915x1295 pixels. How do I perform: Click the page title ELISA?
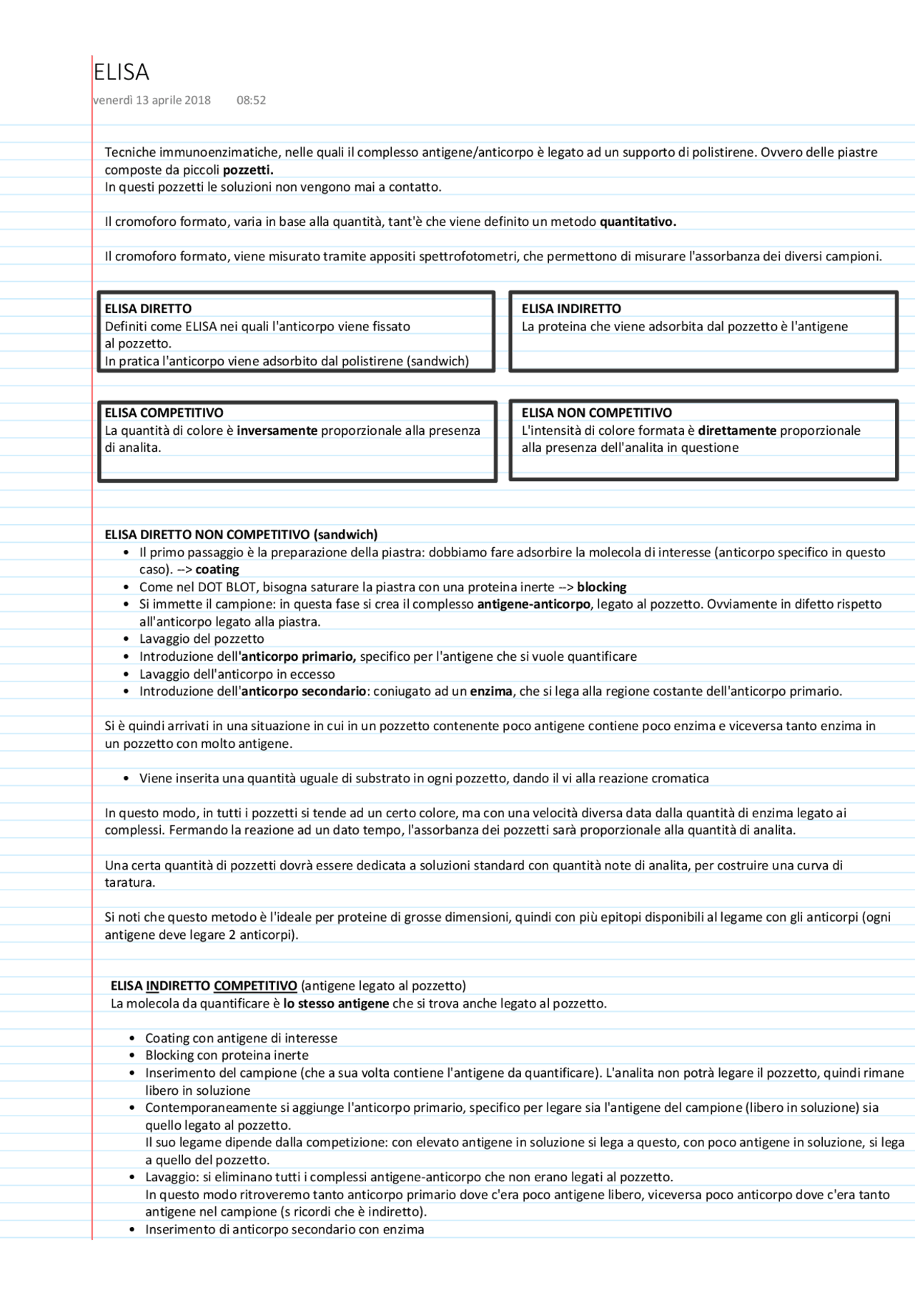click(122, 72)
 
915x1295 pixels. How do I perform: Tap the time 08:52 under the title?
click(251, 100)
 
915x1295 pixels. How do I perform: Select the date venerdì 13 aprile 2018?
click(152, 100)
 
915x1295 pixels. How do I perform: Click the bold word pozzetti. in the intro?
click(248, 169)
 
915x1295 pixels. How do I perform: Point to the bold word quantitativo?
click(638, 222)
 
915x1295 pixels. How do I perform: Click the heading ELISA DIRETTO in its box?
click(148, 309)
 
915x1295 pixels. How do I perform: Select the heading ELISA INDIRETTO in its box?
click(571, 309)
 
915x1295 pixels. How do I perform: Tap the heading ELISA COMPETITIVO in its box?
click(164, 413)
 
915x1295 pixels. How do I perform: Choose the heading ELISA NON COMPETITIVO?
click(596, 413)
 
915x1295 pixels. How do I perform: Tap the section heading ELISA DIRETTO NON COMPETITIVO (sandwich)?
click(241, 534)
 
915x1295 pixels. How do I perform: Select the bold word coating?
click(217, 570)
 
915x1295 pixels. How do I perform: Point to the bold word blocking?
click(602, 587)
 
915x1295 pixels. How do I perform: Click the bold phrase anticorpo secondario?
click(303, 691)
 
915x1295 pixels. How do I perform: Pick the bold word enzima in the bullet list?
click(491, 691)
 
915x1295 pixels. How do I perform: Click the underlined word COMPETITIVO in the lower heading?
click(255, 986)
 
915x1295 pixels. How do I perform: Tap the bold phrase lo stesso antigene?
click(336, 1003)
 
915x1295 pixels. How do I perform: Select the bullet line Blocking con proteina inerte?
click(227, 1055)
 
